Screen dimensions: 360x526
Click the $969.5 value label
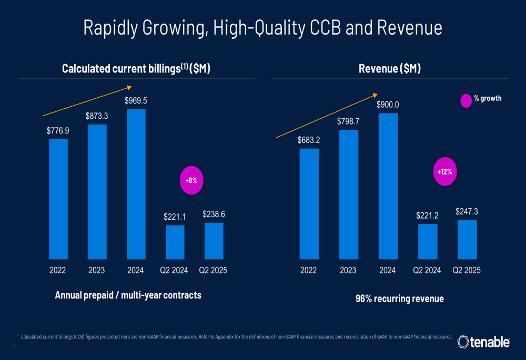pos(136,100)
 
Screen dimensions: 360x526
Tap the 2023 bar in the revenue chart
pos(348,194)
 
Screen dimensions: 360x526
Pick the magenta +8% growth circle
pos(191,180)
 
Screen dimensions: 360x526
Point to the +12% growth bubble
pos(444,171)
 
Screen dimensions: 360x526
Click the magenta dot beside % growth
pos(466,100)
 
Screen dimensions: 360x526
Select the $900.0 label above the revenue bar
pos(388,105)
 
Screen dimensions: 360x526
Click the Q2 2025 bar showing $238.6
pos(214,241)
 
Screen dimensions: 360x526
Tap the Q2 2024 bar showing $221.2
pos(428,242)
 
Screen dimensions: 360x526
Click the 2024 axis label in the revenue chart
pos(388,271)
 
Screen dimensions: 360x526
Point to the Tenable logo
pos(483,343)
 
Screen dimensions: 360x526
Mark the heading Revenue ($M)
pos(389,69)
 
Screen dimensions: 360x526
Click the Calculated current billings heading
pos(136,69)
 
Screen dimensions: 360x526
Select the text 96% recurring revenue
pos(400,299)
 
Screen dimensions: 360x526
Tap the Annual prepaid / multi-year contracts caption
pos(128,295)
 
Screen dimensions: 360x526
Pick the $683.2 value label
pos(309,140)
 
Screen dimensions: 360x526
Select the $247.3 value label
pos(467,212)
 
